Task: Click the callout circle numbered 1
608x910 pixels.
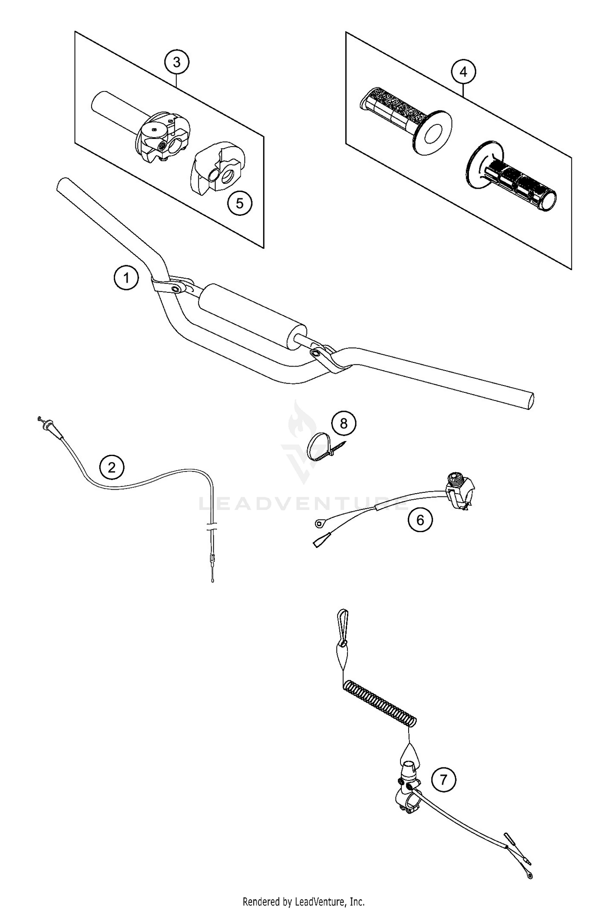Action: pyautogui.click(x=126, y=278)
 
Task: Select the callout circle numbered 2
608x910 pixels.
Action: pyautogui.click(x=112, y=468)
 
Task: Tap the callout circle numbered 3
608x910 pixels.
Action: pyautogui.click(x=177, y=62)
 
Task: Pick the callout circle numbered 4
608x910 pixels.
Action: pyautogui.click(x=464, y=72)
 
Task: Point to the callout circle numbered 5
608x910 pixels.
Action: pyautogui.click(x=240, y=203)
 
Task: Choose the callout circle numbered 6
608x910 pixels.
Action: pyautogui.click(x=420, y=520)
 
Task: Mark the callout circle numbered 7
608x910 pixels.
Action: pyautogui.click(x=443, y=779)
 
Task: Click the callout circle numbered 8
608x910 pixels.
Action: pyautogui.click(x=344, y=424)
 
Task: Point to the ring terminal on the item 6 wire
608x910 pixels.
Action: pyautogui.click(x=319, y=525)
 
